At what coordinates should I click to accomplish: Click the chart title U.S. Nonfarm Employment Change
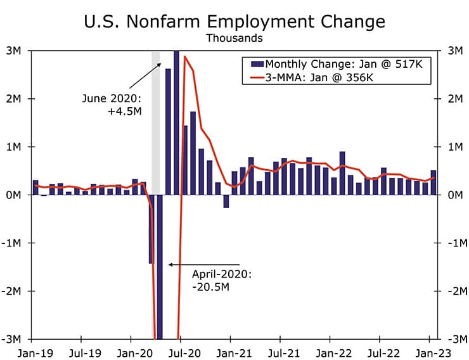point(234,21)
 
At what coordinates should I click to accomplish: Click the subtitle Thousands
point(234,38)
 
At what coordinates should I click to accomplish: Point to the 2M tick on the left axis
point(16,99)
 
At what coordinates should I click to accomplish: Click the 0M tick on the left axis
point(16,195)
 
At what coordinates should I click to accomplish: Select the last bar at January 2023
point(434,183)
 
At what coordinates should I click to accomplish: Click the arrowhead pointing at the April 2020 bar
point(170,264)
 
